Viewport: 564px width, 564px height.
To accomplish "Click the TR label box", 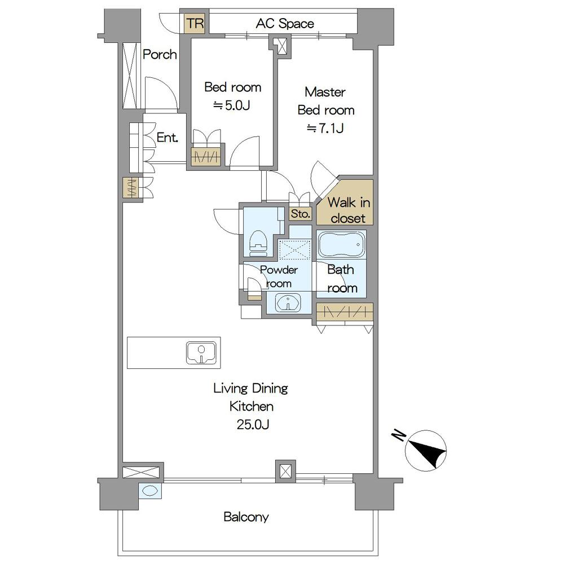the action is pos(195,24).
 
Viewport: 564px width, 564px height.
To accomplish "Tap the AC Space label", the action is pos(285,24).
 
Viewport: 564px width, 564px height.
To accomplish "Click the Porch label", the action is pos(160,55).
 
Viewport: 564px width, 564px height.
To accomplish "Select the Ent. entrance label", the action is pos(168,138).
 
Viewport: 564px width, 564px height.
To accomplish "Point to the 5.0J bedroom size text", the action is pos(232,105).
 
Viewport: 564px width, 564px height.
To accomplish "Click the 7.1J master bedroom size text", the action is pos(325,128).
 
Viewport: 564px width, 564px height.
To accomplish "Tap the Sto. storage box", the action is pos(301,214).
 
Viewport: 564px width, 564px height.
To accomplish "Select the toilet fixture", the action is pos(258,243).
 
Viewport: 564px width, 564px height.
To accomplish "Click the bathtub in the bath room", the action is pos(341,244).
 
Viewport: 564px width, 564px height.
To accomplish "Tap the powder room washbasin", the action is pos(288,303).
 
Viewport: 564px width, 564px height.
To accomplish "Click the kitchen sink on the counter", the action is pos(201,352).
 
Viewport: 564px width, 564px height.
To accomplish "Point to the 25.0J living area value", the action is pos(253,425).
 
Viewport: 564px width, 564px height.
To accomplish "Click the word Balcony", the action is pos(246,517).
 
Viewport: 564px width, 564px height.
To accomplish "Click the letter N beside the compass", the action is pos(398,435).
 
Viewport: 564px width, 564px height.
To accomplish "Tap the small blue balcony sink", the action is pos(150,491).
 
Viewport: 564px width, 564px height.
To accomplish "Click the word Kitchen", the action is pos(252,406).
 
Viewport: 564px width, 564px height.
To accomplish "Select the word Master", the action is pos(325,92).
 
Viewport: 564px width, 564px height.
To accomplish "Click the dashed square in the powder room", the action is pos(294,249).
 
